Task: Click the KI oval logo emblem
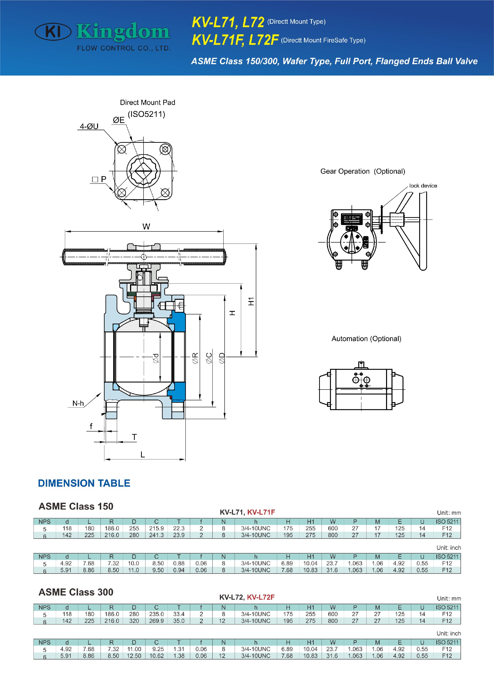(x=53, y=32)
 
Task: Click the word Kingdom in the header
(x=123, y=32)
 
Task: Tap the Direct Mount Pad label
(x=147, y=103)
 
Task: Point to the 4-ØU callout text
(x=89, y=126)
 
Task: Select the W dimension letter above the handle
(x=146, y=226)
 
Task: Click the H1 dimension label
(x=251, y=301)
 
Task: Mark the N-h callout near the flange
(x=78, y=403)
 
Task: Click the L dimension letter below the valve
(x=143, y=455)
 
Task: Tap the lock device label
(x=423, y=186)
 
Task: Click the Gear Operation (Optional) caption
(x=362, y=171)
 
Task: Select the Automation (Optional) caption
(x=366, y=339)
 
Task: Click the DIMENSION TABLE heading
(x=84, y=483)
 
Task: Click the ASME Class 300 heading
(x=76, y=592)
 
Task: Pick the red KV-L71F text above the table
(x=261, y=512)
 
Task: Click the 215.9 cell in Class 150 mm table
(x=156, y=528)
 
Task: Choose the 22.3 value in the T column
(x=179, y=528)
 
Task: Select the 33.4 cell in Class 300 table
(x=179, y=614)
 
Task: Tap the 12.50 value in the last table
(x=134, y=656)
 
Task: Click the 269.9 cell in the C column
(x=156, y=621)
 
